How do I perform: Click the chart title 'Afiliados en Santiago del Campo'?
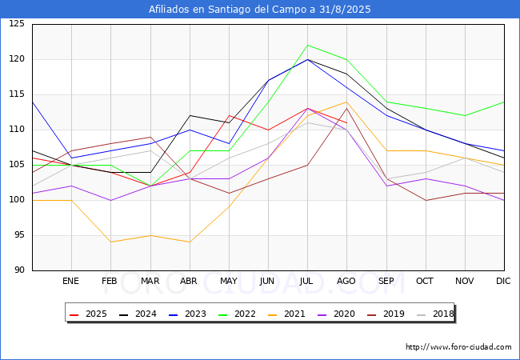coord(260,10)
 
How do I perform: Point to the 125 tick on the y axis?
coord(17,24)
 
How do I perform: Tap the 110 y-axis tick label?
coord(17,130)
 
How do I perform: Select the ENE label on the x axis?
coord(71,282)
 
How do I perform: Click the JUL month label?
coord(307,282)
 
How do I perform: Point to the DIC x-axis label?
coord(503,282)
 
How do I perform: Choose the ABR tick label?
coord(189,282)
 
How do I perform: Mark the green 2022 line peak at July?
coord(307,45)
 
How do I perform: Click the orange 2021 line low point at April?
coord(189,242)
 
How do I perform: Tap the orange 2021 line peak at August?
coord(346,102)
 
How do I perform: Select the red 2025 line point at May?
coord(229,115)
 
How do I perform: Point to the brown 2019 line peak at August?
coord(346,108)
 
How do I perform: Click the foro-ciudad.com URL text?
coord(458,347)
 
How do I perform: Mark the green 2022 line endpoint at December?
coord(504,102)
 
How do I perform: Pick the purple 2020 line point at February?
coord(110,200)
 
